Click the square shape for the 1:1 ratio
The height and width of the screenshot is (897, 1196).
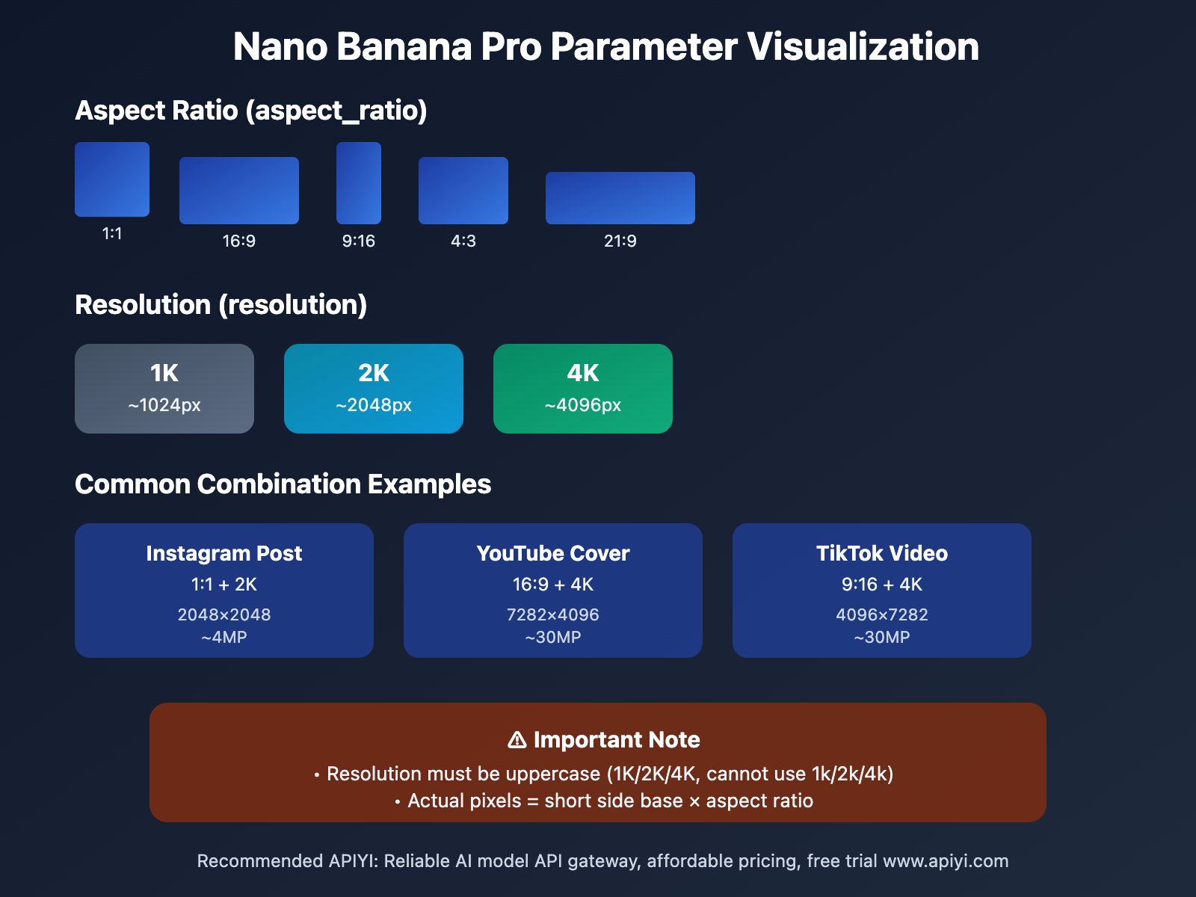pyautogui.click(x=112, y=179)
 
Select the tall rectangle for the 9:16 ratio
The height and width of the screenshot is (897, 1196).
pyautogui.click(x=359, y=183)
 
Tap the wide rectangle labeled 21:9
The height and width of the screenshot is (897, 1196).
pyautogui.click(x=620, y=198)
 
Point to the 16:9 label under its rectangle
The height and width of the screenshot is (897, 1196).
pyautogui.click(x=239, y=241)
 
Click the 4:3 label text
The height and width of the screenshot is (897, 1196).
pyautogui.click(x=463, y=241)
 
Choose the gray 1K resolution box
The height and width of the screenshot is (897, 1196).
pyautogui.click(x=164, y=389)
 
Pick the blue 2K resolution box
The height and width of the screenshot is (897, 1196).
pyautogui.click(x=374, y=389)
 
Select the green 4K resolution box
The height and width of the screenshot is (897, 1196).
pyautogui.click(x=583, y=389)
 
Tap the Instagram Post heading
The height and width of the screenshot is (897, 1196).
pyautogui.click(x=224, y=553)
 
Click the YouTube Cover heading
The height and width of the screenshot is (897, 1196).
pyautogui.click(x=553, y=553)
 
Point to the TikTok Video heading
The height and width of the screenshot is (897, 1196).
pyautogui.click(x=882, y=553)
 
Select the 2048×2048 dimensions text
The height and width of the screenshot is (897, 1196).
pyautogui.click(x=224, y=614)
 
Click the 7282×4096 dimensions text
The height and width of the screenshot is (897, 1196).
pyautogui.click(x=553, y=614)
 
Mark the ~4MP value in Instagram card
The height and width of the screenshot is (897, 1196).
pyautogui.click(x=224, y=638)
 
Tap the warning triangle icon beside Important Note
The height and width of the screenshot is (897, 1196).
pyautogui.click(x=517, y=740)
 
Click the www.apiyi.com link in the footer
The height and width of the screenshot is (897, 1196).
pyautogui.click(x=946, y=861)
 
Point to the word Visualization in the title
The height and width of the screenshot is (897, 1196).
pyautogui.click(x=863, y=46)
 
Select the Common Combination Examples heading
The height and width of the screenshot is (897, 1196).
pyautogui.click(x=283, y=484)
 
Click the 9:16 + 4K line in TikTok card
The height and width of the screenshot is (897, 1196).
pyautogui.click(x=882, y=585)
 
